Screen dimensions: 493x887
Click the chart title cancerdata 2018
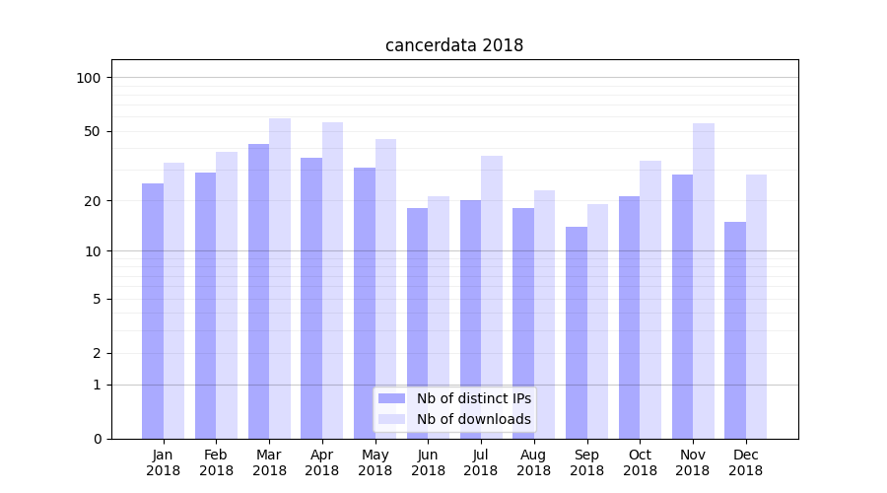point(453,45)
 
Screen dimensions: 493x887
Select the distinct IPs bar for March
point(259,291)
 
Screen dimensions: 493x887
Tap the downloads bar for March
point(280,278)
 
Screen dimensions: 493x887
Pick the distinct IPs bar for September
point(577,332)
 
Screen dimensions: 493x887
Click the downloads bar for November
point(704,281)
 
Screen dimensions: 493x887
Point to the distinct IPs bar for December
point(735,330)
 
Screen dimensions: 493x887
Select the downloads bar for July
point(492,297)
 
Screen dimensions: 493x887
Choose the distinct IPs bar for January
point(153,311)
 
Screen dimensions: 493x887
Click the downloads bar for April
point(333,280)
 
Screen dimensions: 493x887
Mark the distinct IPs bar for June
point(418,323)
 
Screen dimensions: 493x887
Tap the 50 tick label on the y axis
point(93,131)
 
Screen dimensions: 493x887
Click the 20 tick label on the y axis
point(93,201)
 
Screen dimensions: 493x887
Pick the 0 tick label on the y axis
point(97,439)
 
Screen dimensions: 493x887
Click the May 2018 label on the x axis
point(375,462)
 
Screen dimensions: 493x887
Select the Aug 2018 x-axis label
point(534,462)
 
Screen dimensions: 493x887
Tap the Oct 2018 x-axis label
point(640,462)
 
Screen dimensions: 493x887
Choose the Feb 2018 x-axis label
point(217,462)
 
